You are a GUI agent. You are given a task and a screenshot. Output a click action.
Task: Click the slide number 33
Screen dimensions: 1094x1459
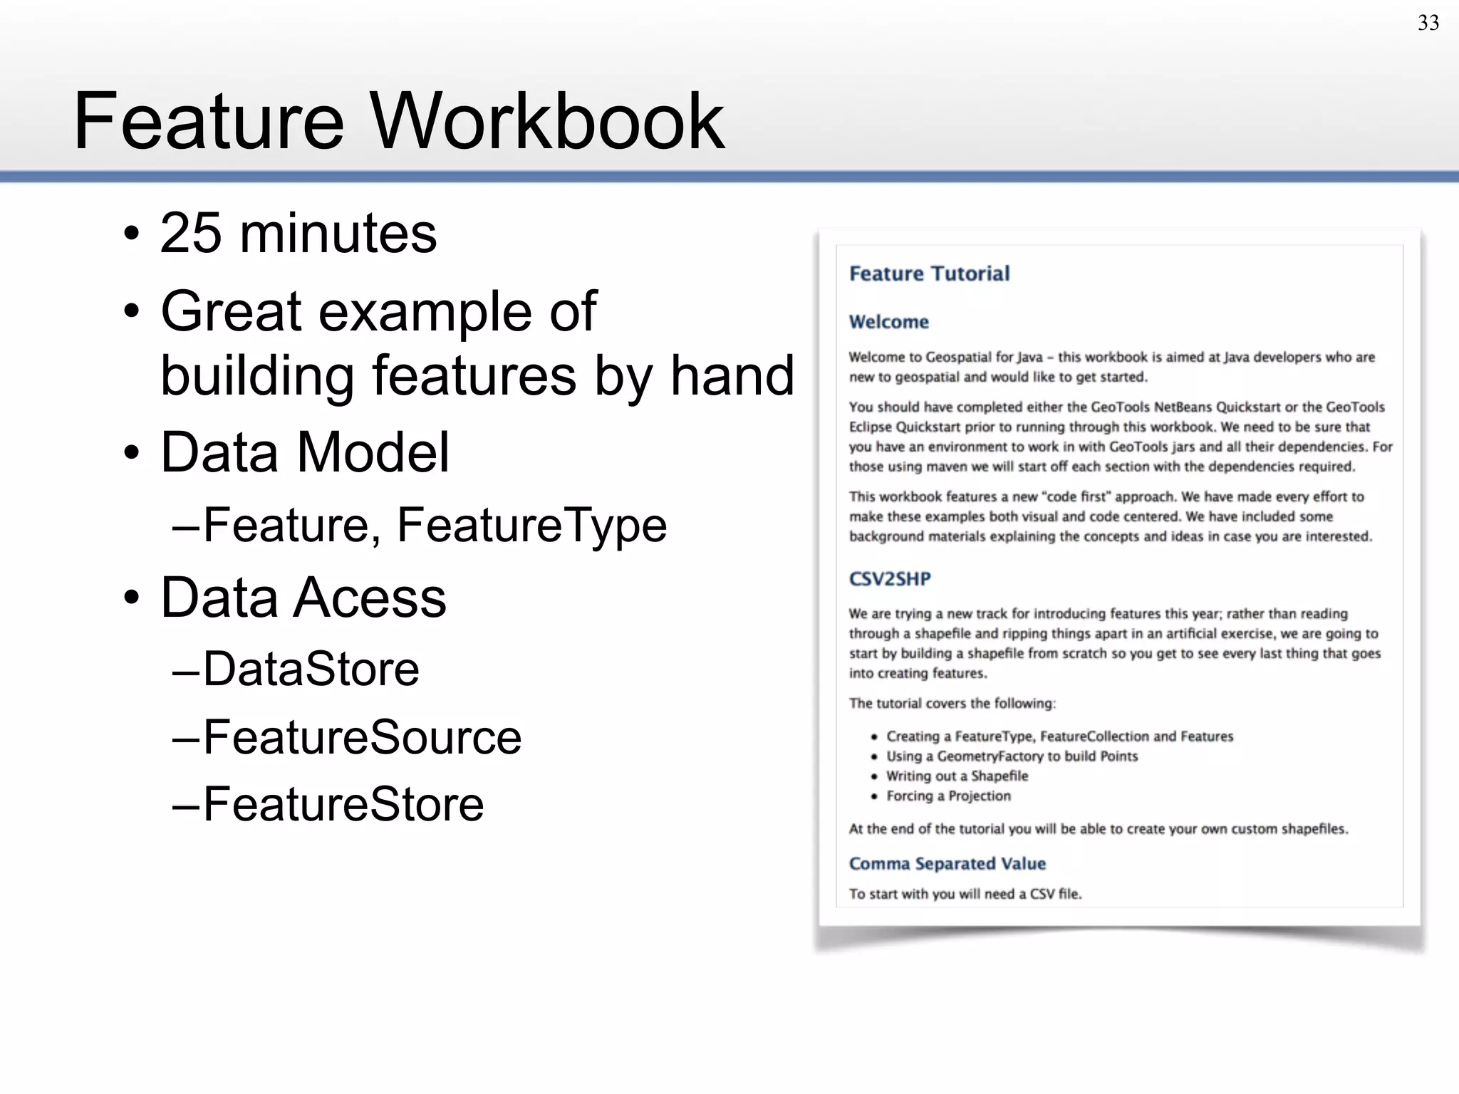(1428, 23)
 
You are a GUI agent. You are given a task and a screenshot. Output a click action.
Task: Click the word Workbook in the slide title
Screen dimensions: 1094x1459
(547, 121)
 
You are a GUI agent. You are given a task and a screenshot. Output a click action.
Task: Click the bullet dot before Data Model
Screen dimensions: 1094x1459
(131, 453)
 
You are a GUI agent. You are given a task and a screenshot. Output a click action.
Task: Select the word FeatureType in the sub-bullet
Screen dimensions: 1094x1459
(531, 525)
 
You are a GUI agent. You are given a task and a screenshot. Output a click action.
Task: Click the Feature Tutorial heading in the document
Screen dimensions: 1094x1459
(929, 273)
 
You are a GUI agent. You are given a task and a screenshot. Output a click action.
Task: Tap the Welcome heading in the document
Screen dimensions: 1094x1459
(888, 322)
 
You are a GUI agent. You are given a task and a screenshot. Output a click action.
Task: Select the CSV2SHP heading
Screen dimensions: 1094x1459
(890, 578)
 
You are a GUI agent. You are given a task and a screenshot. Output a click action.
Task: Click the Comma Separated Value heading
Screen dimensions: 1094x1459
(947, 863)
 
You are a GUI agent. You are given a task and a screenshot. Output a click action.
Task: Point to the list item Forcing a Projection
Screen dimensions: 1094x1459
(948, 796)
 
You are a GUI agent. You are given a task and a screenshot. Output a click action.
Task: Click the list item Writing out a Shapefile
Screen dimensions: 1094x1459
(957, 776)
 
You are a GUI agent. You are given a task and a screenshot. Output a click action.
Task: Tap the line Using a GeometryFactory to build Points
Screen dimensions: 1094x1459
(1012, 756)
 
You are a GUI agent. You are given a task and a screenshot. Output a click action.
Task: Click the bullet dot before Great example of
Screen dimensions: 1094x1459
(131, 312)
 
